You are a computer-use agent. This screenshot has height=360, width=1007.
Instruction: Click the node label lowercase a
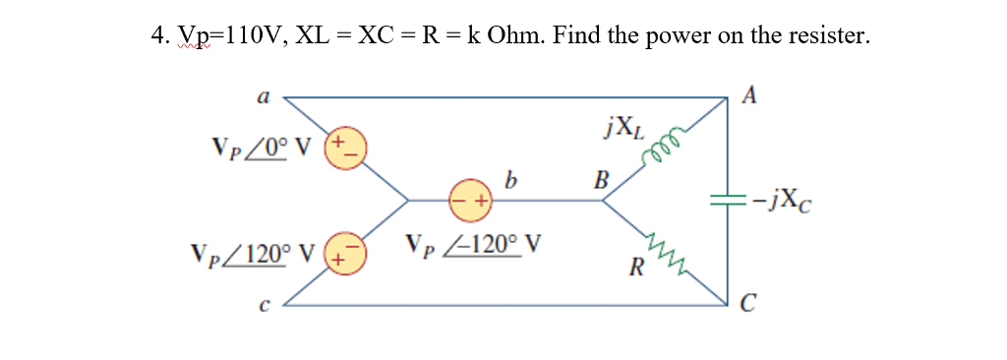click(x=263, y=96)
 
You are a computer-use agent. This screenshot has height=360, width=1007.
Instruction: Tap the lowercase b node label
click(x=509, y=180)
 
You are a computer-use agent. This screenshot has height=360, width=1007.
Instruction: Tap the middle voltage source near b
click(x=470, y=200)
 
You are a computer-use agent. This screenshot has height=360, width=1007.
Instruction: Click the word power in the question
click(x=681, y=36)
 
